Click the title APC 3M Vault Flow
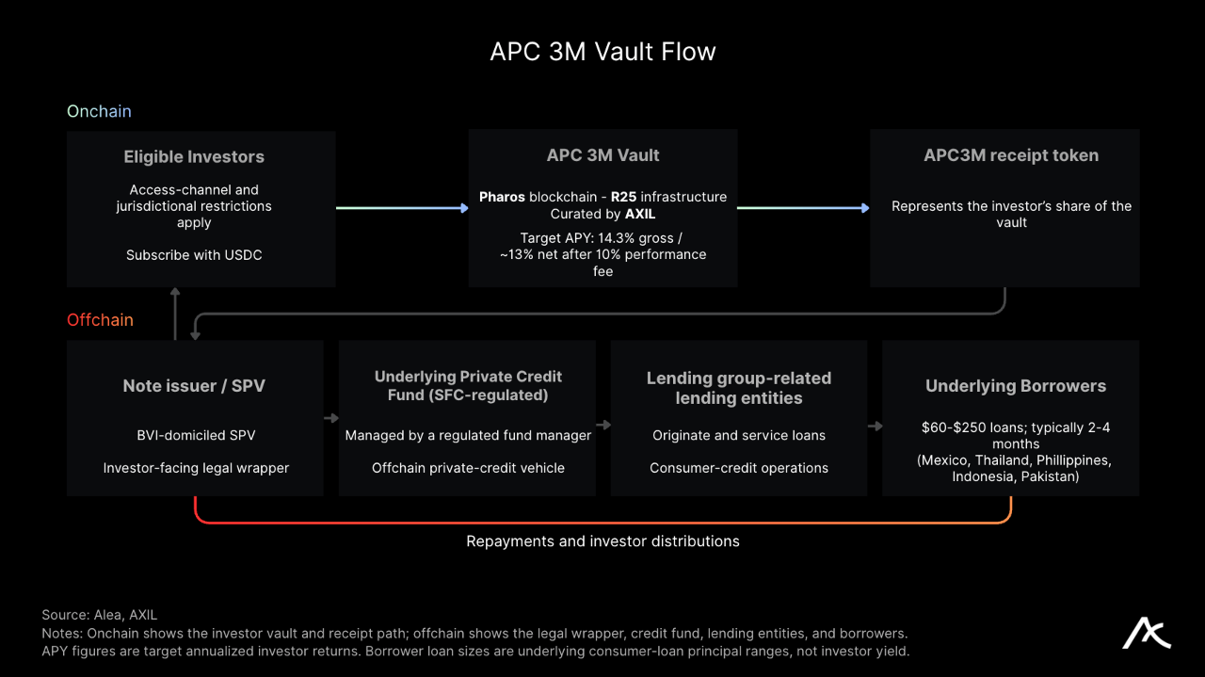tap(602, 52)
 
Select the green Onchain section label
tap(99, 111)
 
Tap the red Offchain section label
tap(100, 319)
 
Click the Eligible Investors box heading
tap(194, 156)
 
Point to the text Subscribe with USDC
tap(194, 254)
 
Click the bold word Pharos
tap(502, 197)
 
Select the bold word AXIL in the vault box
tap(640, 214)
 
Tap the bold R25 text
tap(623, 197)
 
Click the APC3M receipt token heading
tap(1011, 155)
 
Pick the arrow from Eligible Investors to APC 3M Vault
tap(402, 208)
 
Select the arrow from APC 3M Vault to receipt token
tap(803, 208)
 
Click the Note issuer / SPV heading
tap(194, 386)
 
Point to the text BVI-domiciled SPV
tap(196, 435)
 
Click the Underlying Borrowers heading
tap(1016, 386)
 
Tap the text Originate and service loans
tap(739, 435)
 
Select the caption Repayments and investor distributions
tap(602, 540)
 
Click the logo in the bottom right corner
tap(1146, 634)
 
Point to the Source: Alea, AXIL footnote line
tap(100, 615)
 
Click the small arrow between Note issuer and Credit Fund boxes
tap(331, 418)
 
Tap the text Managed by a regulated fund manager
tap(468, 435)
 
